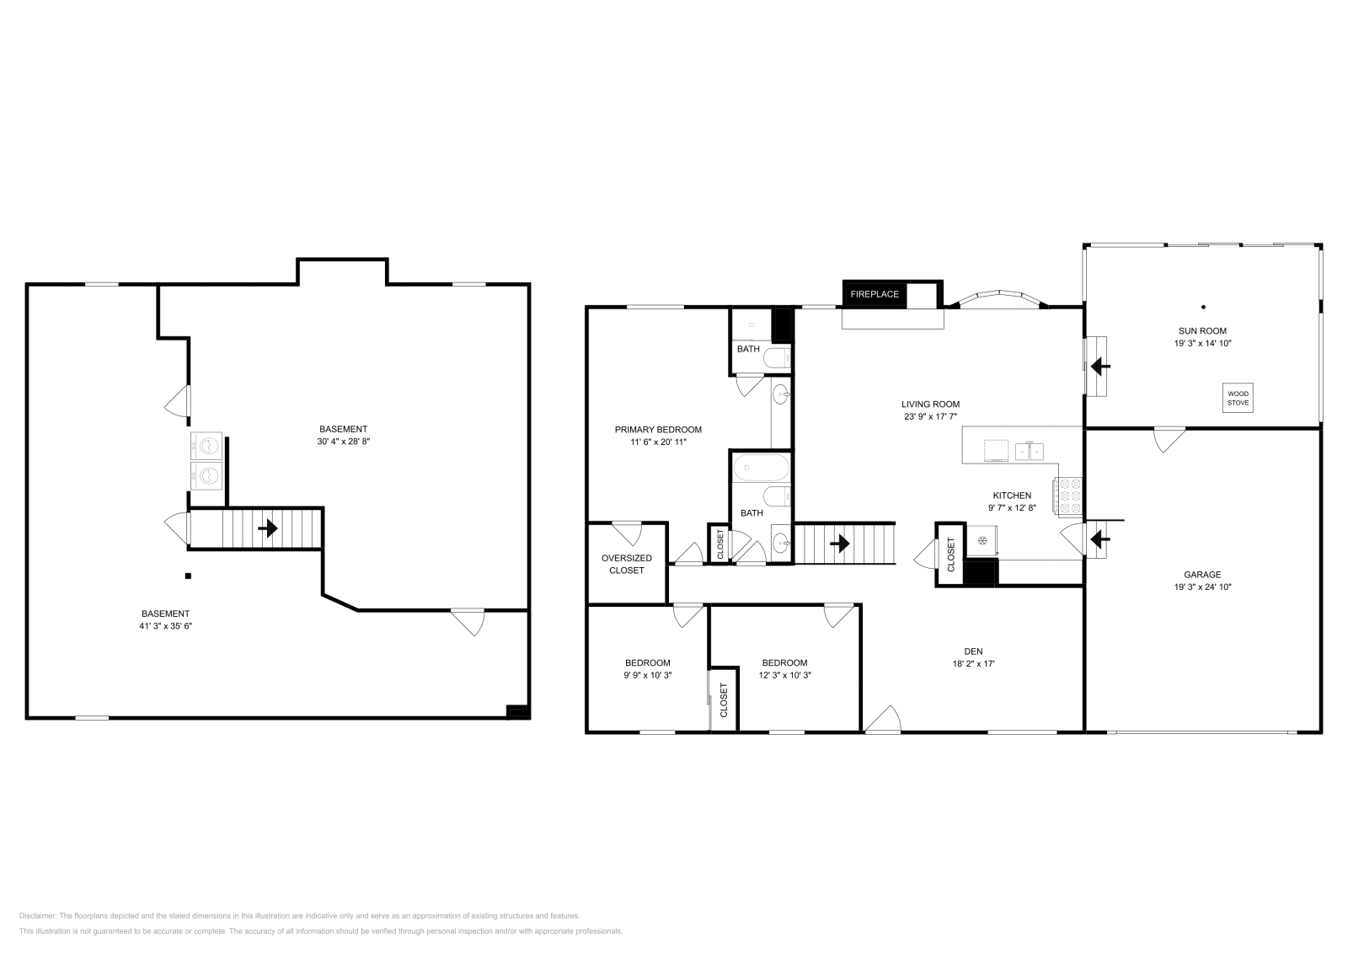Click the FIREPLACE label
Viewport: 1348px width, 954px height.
(875, 294)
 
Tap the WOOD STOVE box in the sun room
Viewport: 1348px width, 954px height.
(1238, 399)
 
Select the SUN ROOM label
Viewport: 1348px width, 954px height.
(1202, 331)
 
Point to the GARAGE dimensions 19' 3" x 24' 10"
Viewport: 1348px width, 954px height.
(1202, 587)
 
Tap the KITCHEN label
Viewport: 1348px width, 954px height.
(1012, 496)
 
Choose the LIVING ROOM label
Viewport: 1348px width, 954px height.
(930, 405)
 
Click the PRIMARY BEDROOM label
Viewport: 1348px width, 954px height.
(658, 430)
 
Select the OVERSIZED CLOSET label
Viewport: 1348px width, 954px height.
(627, 564)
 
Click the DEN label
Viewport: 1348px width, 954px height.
(973, 651)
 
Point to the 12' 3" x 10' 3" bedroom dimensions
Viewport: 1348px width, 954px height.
(784, 675)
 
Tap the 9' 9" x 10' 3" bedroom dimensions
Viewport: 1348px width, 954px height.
(648, 675)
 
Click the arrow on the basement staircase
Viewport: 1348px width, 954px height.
(268, 528)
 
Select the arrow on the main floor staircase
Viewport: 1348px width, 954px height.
(839, 544)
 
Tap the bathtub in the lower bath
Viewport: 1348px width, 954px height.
(761, 468)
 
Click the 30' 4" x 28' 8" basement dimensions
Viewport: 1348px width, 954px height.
(344, 442)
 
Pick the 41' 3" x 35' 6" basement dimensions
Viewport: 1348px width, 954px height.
(165, 626)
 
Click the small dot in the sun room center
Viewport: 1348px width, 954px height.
(1203, 307)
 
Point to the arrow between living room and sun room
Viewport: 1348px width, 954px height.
(1100, 366)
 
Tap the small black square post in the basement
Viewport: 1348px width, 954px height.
(189, 576)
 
